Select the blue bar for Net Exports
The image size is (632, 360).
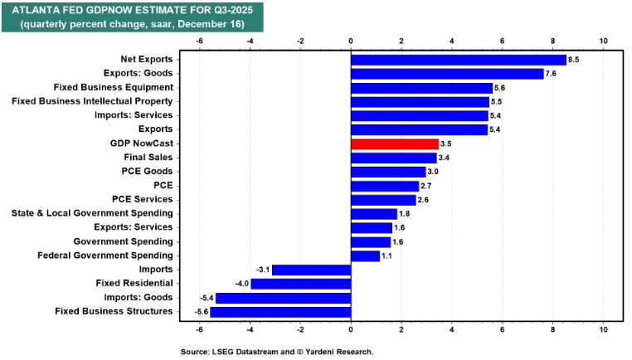coord(458,60)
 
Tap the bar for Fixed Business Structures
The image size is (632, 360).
coord(280,312)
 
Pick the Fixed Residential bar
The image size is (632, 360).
coord(300,284)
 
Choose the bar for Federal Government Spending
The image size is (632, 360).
coord(365,255)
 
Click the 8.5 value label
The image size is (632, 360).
coord(576,60)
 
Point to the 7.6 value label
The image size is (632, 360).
coord(553,74)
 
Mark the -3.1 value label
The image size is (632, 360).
coord(262,270)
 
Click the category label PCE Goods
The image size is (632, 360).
coord(147,171)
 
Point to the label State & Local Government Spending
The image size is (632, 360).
coord(92,213)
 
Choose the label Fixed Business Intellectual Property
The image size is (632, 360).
coord(92,101)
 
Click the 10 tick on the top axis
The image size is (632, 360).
coord(603,40)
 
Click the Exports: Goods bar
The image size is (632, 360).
coord(447,74)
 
